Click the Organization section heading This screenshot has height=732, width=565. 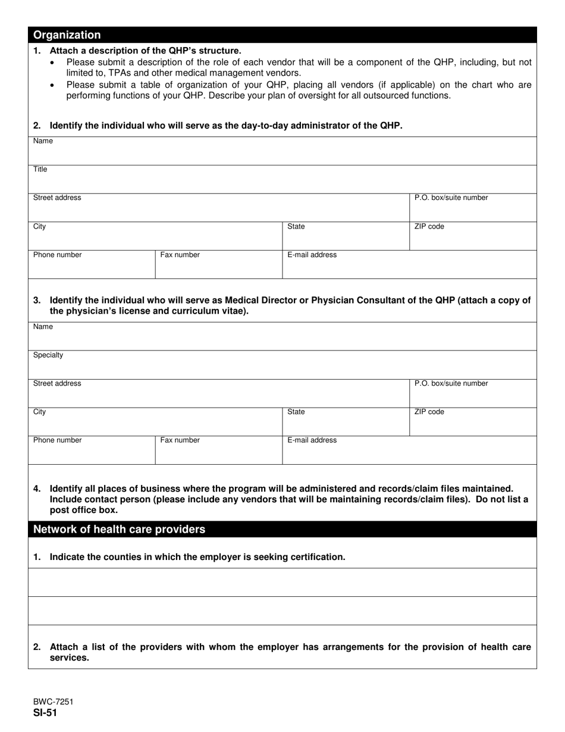[67, 35]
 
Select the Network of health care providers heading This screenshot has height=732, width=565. [119, 530]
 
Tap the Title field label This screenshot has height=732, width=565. [40, 170]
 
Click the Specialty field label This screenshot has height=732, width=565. [48, 355]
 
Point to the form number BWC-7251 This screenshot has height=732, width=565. [54, 702]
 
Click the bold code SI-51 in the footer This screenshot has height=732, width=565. [45, 713]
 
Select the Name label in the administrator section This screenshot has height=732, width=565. [43, 141]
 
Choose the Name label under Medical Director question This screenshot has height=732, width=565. [43, 327]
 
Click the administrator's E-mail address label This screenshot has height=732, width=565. [312, 255]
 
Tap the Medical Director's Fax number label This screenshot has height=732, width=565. [180, 440]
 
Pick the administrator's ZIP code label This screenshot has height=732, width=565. [429, 227]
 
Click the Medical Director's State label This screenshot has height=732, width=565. [296, 412]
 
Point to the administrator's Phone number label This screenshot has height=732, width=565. [57, 255]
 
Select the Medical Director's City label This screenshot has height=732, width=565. [39, 412]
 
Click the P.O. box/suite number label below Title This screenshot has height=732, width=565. [451, 198]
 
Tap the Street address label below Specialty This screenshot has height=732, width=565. [57, 383]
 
